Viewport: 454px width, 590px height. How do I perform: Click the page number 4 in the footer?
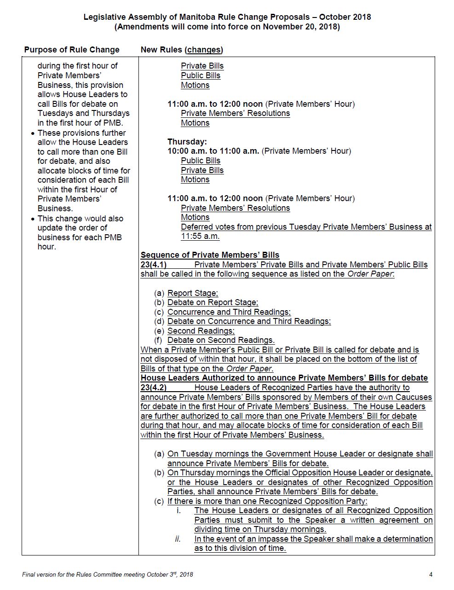coord(431,574)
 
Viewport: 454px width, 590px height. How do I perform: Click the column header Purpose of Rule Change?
coord(72,50)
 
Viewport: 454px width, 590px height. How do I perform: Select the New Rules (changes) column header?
coord(182,50)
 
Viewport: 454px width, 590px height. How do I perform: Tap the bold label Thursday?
coord(187,142)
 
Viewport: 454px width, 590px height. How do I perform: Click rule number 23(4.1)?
coord(154,265)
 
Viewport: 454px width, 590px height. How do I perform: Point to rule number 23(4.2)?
coord(154,388)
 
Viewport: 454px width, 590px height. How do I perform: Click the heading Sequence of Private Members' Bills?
coord(210,255)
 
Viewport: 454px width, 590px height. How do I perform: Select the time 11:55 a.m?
coord(200,237)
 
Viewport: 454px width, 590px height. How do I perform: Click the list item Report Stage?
coord(193,293)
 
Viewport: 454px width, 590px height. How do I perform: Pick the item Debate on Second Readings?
coord(221,340)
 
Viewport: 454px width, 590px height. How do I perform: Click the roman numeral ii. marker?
coord(178,539)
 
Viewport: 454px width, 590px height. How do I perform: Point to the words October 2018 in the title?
coord(345,17)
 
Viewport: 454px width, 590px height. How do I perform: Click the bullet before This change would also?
coord(33,219)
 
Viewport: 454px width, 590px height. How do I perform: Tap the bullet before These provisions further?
coord(33,133)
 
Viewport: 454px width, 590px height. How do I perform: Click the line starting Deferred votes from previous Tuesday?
coord(306,227)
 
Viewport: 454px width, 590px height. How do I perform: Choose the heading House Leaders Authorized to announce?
coord(284,378)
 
